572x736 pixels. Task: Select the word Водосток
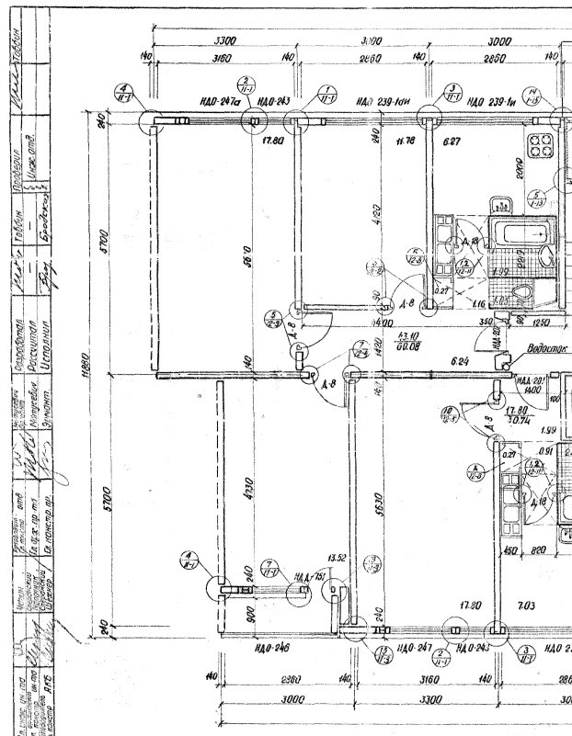pyautogui.click(x=545, y=350)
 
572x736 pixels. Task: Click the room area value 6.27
pyautogui.click(x=452, y=141)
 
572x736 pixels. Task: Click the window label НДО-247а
pyautogui.click(x=219, y=101)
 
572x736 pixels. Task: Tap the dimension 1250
pyautogui.click(x=541, y=323)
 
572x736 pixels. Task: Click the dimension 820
pyautogui.click(x=541, y=550)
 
